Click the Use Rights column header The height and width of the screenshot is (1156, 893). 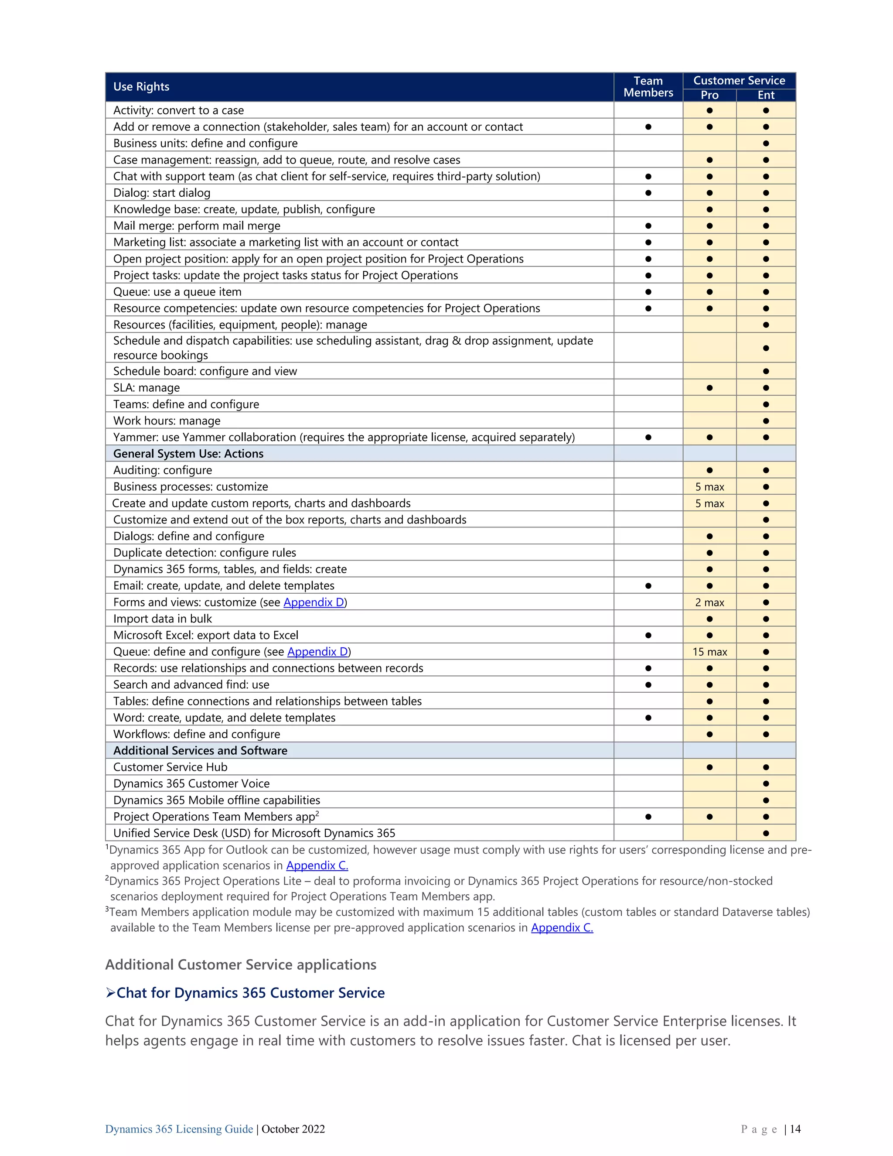pos(141,87)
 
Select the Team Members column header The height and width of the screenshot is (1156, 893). pos(648,87)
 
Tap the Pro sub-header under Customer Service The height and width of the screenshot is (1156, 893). pos(709,95)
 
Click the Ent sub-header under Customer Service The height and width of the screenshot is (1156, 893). pos(766,95)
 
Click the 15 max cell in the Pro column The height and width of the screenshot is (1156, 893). pos(709,652)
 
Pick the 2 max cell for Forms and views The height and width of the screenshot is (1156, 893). pos(709,602)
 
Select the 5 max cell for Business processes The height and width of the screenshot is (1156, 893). pos(709,487)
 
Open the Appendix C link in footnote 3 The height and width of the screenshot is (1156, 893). pos(562,927)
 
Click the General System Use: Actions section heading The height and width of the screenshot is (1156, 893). pos(188,454)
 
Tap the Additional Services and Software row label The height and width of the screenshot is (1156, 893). pos(200,751)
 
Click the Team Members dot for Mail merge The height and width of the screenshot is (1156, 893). pos(648,226)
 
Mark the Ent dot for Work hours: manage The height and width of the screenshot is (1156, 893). pos(766,421)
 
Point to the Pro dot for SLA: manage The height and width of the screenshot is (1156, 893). pos(709,388)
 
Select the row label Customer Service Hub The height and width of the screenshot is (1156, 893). pos(170,767)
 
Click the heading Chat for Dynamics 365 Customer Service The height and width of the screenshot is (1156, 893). pos(250,993)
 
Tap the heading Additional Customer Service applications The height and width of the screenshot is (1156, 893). pos(241,964)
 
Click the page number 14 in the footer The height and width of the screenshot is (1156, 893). pos(795,1129)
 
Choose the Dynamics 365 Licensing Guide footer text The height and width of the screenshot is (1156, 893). pos(179,1129)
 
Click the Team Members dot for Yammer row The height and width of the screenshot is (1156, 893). pos(648,437)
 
